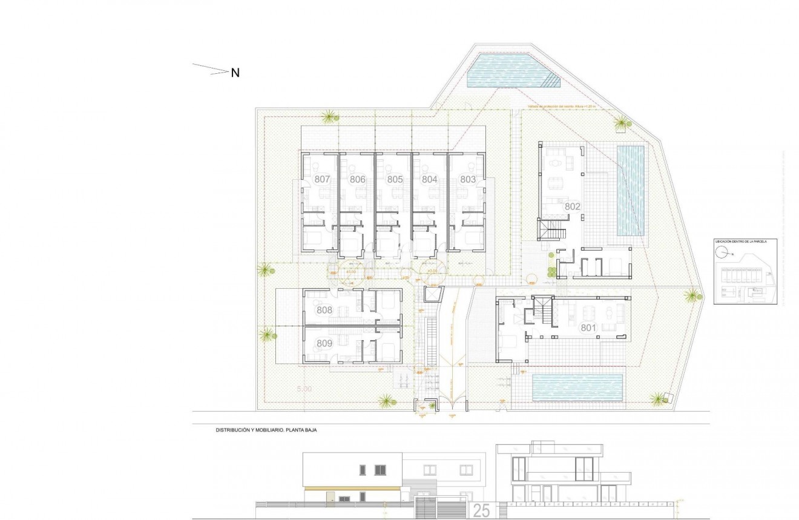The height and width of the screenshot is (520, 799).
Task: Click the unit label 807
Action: coord(322,179)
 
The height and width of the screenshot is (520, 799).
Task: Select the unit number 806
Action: coord(358,179)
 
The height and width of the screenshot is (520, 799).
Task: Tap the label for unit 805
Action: coord(395,179)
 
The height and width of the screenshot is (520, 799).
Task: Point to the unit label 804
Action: coord(430,179)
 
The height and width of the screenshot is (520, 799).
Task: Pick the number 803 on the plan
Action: coord(468,179)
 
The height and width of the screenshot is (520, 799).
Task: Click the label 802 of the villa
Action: coord(573,206)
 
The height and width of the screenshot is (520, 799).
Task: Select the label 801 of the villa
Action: coord(589,327)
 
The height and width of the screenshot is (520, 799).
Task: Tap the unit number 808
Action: coord(324,310)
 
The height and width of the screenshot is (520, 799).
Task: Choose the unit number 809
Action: coord(324,343)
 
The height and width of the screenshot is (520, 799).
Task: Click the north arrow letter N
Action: coord(235,73)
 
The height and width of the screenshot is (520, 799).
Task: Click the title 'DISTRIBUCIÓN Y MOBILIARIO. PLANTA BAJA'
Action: coord(267,430)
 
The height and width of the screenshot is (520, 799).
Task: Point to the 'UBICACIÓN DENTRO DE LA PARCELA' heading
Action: coord(741,241)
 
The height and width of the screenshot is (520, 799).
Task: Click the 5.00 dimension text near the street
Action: coord(304,389)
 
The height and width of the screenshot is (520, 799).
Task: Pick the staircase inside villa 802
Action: coord(553,230)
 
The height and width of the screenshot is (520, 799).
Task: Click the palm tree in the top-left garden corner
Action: coord(329,116)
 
